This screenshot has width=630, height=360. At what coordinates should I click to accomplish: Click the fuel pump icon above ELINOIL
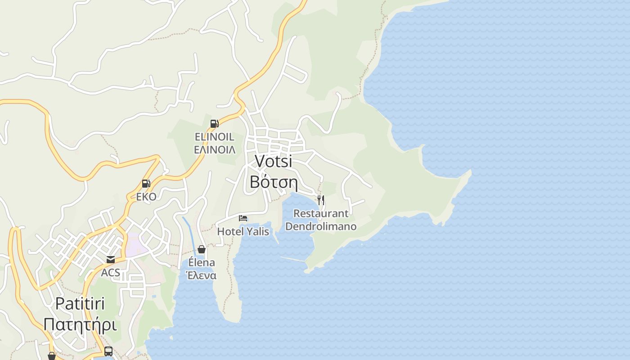pos(215,123)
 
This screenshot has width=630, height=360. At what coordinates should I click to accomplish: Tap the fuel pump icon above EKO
pos(146,184)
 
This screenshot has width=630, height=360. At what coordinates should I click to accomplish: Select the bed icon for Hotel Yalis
pos(243,219)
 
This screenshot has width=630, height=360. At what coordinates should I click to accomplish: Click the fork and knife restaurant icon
pos(321,200)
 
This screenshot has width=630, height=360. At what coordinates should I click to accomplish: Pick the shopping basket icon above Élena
pos(202,249)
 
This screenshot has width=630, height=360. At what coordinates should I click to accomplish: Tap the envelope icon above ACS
pos(110,260)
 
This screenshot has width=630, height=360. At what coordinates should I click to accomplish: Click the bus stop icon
pos(108,351)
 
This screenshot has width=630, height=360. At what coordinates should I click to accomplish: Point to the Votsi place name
pos(273,161)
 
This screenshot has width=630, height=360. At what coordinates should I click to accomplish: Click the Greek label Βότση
pos(274,181)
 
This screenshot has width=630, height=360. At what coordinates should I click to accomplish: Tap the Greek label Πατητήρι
pos(80,324)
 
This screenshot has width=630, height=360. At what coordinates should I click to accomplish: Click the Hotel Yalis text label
pos(243,232)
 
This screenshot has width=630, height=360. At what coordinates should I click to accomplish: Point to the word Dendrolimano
pos(321,226)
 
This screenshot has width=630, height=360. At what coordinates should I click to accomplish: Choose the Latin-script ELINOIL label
pos(215,136)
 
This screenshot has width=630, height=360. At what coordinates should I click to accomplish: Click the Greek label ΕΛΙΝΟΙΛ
pos(215,150)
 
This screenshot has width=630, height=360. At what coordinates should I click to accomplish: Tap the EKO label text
pos(146,197)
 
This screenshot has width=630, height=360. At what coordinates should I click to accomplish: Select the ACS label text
pos(110,273)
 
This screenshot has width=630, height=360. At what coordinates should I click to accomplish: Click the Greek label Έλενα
pos(202,275)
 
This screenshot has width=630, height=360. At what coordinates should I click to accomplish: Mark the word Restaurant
pos(321,214)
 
